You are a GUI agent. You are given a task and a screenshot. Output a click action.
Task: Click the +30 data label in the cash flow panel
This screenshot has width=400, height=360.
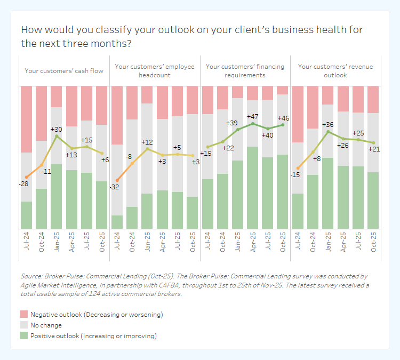(x=57, y=129)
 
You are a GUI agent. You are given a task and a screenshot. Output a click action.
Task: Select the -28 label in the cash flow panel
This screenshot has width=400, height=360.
(x=23, y=183)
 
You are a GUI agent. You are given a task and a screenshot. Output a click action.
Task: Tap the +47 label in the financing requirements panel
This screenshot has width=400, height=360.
(x=252, y=116)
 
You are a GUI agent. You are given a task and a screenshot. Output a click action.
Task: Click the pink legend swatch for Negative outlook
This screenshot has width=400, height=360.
(x=24, y=314)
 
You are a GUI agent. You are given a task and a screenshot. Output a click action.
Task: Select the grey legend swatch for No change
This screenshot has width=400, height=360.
(x=24, y=325)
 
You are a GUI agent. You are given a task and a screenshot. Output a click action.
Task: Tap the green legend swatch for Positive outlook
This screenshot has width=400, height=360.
(x=24, y=335)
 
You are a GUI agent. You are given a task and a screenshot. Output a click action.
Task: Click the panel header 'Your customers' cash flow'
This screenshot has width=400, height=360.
(x=64, y=70)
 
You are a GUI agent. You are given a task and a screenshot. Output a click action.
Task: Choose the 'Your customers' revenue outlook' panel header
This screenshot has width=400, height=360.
(x=335, y=71)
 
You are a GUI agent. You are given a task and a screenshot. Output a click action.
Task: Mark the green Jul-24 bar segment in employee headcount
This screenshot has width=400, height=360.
(x=117, y=222)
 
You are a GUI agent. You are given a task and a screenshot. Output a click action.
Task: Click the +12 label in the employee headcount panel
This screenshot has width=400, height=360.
(x=147, y=142)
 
